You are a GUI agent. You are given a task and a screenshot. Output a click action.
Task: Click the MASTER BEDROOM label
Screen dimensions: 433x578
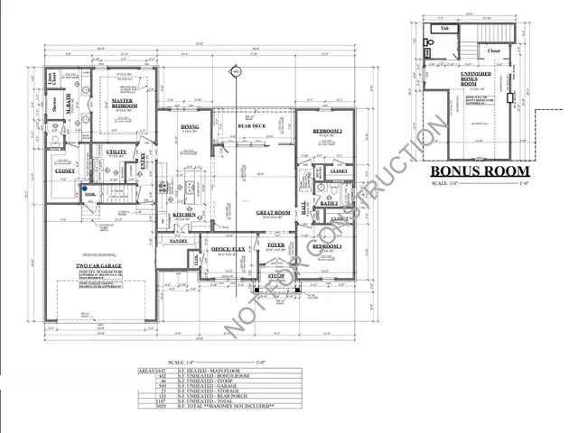[123, 104]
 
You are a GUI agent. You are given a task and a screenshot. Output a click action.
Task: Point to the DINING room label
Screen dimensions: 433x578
[189, 127]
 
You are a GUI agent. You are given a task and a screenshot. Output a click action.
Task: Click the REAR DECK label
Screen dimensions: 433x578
[250, 125]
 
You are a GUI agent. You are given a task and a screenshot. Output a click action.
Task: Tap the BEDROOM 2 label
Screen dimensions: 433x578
[325, 132]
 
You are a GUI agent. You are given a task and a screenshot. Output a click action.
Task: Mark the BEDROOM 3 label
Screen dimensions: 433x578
[325, 245]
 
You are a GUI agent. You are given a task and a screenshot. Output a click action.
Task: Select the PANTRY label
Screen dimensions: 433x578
[178, 241]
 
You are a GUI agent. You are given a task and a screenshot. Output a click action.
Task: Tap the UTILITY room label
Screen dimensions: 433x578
[115, 152]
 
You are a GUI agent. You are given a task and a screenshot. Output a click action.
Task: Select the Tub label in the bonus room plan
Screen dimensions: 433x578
[444, 30]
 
